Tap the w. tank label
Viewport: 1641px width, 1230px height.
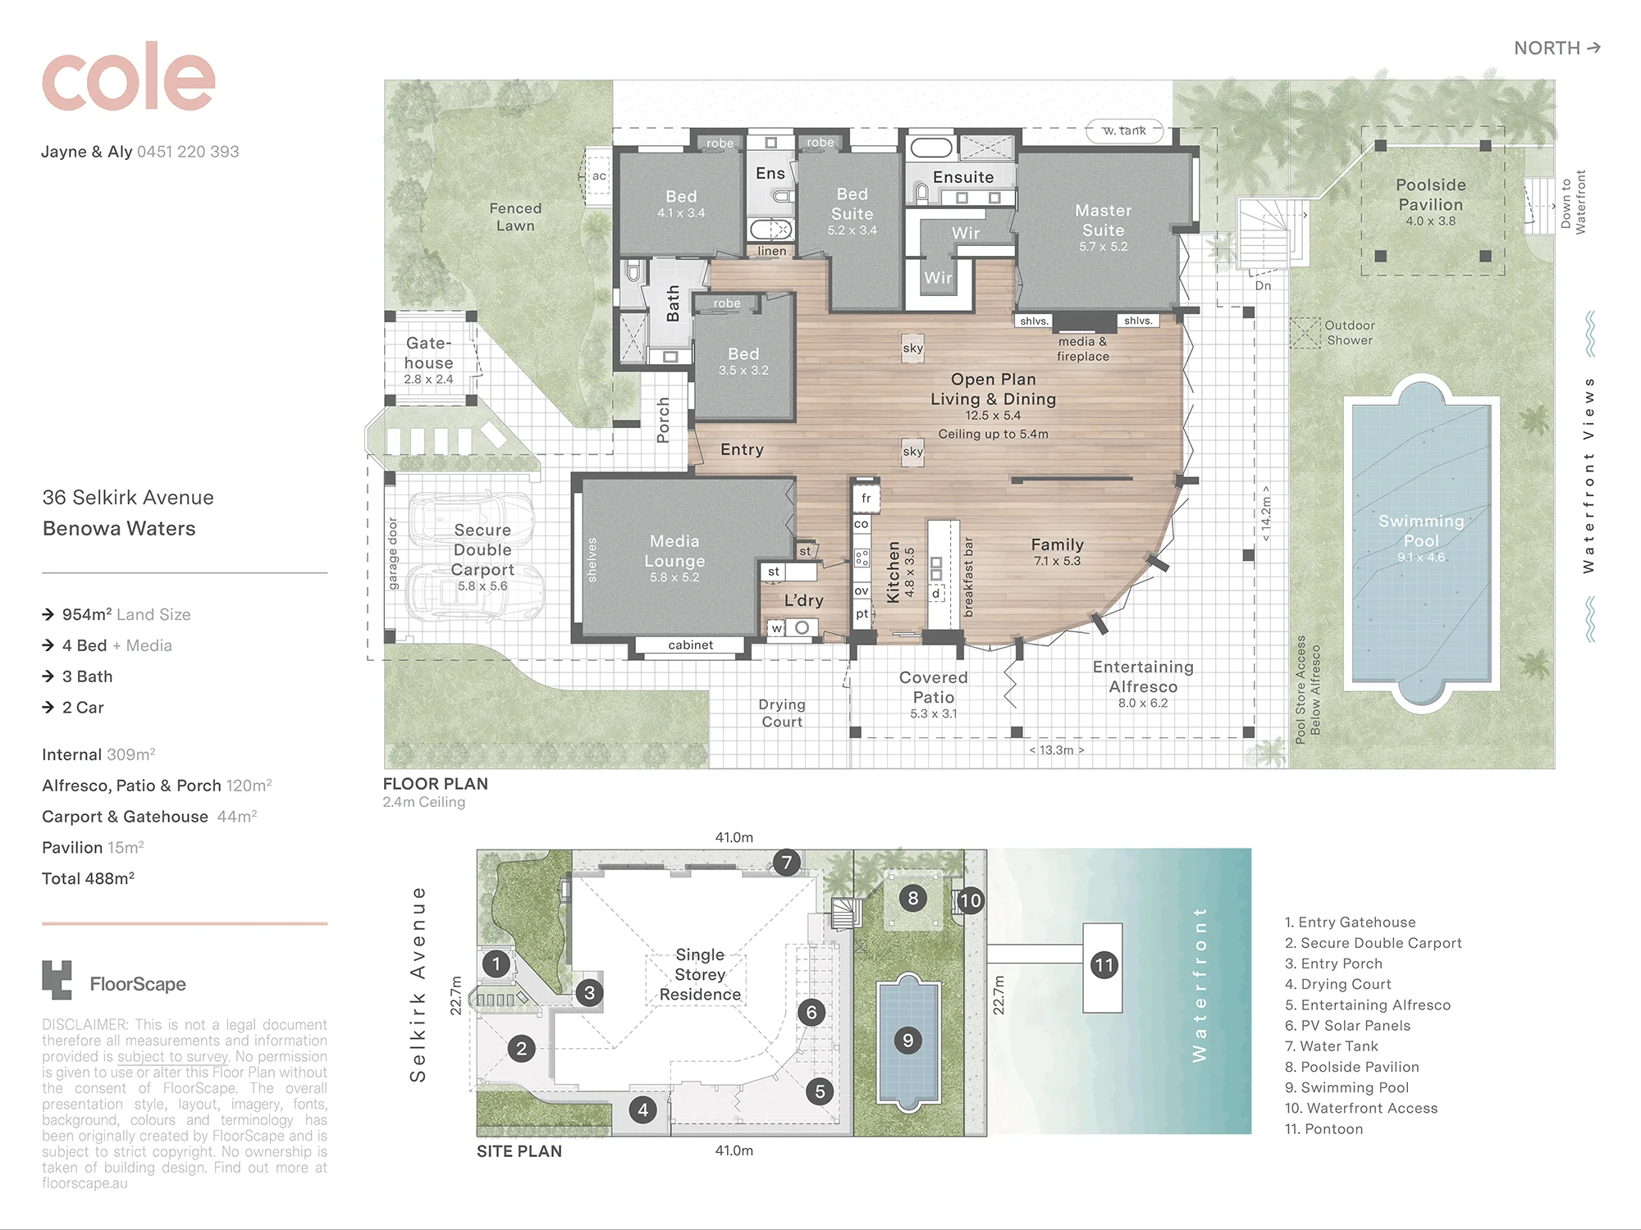(x=1124, y=130)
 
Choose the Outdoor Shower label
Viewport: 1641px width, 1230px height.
(x=1350, y=332)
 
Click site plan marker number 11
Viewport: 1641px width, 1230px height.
(x=1104, y=965)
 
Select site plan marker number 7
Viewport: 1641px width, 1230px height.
(x=787, y=863)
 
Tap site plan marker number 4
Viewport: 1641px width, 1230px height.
(x=643, y=1110)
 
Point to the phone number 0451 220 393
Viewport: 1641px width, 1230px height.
(x=188, y=152)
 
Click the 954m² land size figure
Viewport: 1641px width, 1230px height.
(x=87, y=614)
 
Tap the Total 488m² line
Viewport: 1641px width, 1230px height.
(x=88, y=878)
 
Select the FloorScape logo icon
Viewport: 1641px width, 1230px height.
(x=57, y=980)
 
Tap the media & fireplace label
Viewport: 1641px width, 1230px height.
(x=1083, y=348)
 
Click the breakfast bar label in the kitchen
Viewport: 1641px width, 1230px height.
(x=968, y=577)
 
